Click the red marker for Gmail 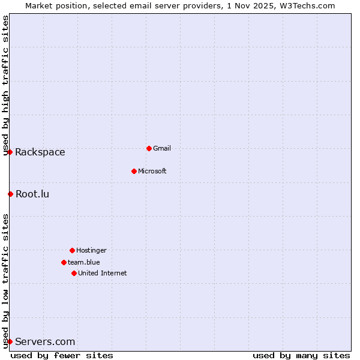149,148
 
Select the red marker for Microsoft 134,171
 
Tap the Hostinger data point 72,250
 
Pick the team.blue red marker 64,262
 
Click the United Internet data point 74,273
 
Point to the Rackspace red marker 10,152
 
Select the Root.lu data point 10,194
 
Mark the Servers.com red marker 10,341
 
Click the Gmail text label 162,148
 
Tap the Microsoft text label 152,171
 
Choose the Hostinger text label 91,250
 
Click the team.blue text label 84,262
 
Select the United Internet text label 103,273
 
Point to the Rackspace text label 40,152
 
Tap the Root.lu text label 32,194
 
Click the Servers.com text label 45,341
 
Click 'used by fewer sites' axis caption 62,355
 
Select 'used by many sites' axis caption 301,355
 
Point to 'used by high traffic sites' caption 6,85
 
